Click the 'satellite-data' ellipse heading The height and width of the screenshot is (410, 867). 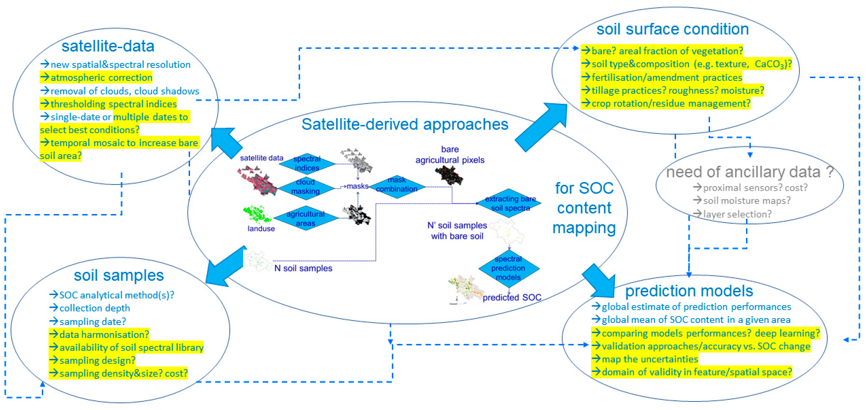pos(108,46)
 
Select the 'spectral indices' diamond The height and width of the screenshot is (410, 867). pos(307,163)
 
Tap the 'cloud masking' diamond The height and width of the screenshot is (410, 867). pos(305,186)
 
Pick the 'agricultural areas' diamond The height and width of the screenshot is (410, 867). pos(305,218)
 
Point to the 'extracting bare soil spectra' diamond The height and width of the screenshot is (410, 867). pos(510,203)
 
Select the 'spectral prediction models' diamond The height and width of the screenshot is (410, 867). pos(508,268)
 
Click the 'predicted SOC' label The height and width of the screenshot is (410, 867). pos(512,297)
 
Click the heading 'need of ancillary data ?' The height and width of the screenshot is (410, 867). pos(749,172)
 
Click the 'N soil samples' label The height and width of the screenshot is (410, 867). pos(303,268)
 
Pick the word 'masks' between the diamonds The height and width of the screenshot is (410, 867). pos(357,186)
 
